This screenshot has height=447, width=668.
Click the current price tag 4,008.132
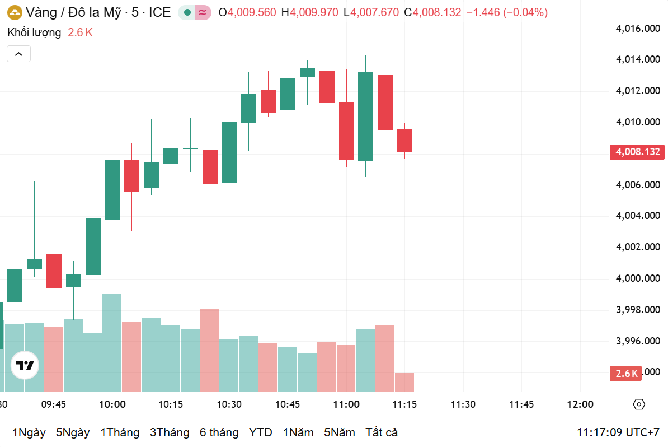(x=637, y=152)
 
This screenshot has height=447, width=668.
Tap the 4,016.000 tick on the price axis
(x=638, y=28)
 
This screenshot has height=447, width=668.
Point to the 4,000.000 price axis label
(x=638, y=278)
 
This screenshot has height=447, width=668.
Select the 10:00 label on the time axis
(x=112, y=404)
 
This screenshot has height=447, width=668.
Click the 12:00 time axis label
(x=580, y=404)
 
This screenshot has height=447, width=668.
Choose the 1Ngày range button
(x=29, y=432)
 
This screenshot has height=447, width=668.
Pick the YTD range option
(x=260, y=432)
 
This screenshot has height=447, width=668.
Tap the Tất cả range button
(x=382, y=432)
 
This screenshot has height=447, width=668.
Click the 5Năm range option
(x=339, y=432)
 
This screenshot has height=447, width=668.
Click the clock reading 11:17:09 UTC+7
(x=618, y=432)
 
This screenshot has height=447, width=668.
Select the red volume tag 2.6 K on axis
(x=626, y=374)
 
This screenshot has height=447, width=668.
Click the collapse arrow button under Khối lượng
(x=18, y=54)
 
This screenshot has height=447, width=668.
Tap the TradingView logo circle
(x=25, y=366)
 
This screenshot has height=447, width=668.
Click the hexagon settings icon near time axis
(x=639, y=404)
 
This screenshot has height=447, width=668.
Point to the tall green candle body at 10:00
(x=112, y=189)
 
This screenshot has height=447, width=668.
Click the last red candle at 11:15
(x=405, y=141)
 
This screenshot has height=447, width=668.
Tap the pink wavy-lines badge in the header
(x=203, y=12)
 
